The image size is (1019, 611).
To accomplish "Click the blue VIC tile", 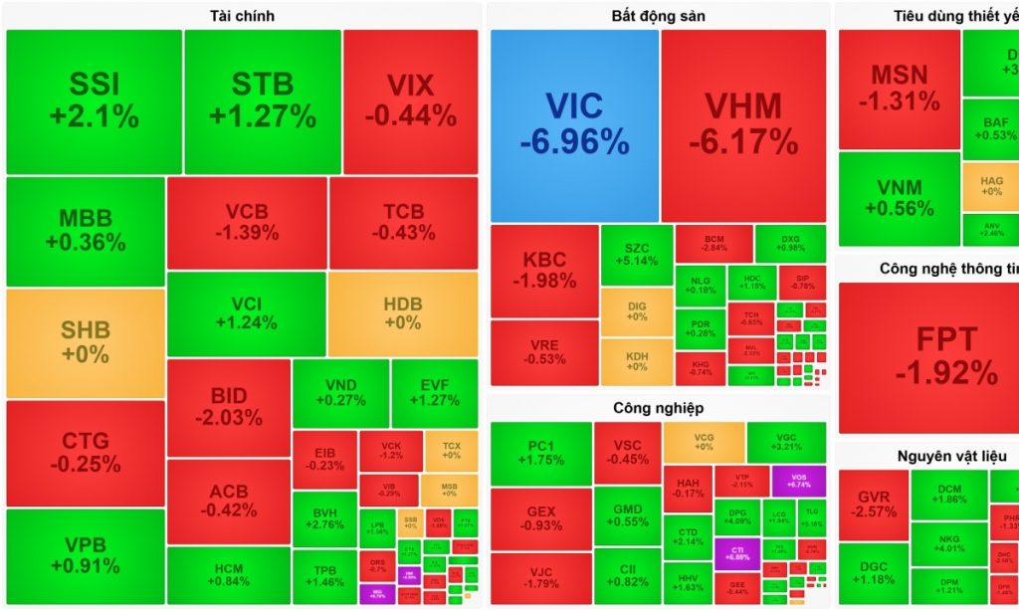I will [x=574, y=125].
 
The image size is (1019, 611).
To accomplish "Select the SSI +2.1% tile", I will [x=94, y=102].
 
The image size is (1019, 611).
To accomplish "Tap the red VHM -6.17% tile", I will [x=743, y=125].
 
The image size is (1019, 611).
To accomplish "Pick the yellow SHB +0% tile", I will [x=86, y=342].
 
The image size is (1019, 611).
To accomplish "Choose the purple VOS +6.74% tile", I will [x=798, y=481].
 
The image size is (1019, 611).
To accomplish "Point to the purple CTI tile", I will [x=737, y=552].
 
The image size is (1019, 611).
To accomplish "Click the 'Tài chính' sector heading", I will [x=242, y=15].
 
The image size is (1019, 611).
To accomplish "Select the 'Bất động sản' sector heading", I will [x=658, y=15].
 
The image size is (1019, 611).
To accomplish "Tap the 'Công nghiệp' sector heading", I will [x=658, y=407].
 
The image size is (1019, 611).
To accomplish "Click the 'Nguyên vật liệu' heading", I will [x=945, y=456].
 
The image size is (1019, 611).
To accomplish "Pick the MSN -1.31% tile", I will [x=899, y=88].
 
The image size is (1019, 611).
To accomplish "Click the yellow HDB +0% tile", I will [x=402, y=314].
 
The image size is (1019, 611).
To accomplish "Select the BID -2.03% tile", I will [x=228, y=407].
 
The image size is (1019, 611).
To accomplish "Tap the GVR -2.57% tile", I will [x=873, y=505].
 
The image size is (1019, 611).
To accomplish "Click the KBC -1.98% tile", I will [x=543, y=270].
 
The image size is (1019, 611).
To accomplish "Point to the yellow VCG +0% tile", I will [x=704, y=442].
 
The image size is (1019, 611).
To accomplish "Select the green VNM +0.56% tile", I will [x=899, y=198].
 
